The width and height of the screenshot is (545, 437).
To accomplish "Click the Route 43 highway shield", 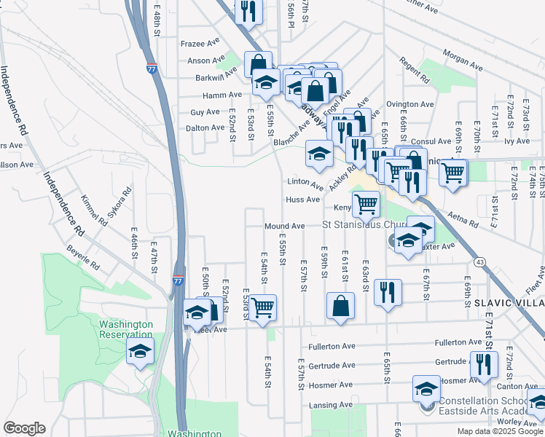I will tap(479, 261).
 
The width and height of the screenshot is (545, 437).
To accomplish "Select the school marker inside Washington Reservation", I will tap(140, 352).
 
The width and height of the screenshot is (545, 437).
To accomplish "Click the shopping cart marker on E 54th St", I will tap(262, 307).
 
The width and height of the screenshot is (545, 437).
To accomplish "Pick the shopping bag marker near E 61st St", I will tap(340, 306).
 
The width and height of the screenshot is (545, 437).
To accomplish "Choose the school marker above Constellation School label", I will tap(426, 389).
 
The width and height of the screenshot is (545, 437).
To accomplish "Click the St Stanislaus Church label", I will tap(369, 226).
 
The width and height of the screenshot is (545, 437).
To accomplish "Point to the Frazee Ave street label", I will tap(200, 44).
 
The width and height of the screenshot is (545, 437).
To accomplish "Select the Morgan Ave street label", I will tap(464, 66).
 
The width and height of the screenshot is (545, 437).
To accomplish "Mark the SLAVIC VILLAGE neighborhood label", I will tap(509, 302).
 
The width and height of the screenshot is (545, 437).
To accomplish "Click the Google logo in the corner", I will tap(24, 428).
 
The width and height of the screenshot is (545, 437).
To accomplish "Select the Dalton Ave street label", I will tap(206, 127).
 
